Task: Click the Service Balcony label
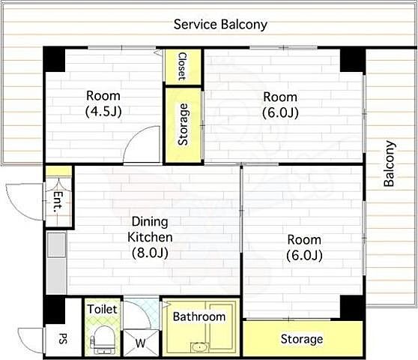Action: point(220,25)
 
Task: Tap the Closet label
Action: point(182,67)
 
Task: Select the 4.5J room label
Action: point(103,103)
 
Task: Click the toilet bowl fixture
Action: point(103,340)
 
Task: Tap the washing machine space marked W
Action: point(141,343)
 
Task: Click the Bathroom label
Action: point(199,316)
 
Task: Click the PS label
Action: point(63,338)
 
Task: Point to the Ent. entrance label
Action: point(58,202)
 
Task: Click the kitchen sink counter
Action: point(56,262)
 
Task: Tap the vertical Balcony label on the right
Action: point(389,163)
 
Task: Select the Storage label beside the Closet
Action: point(183,124)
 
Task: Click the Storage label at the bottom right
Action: point(302,339)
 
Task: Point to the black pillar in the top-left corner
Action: point(55,59)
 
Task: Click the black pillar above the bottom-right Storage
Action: point(351,307)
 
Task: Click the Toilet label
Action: point(103,310)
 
